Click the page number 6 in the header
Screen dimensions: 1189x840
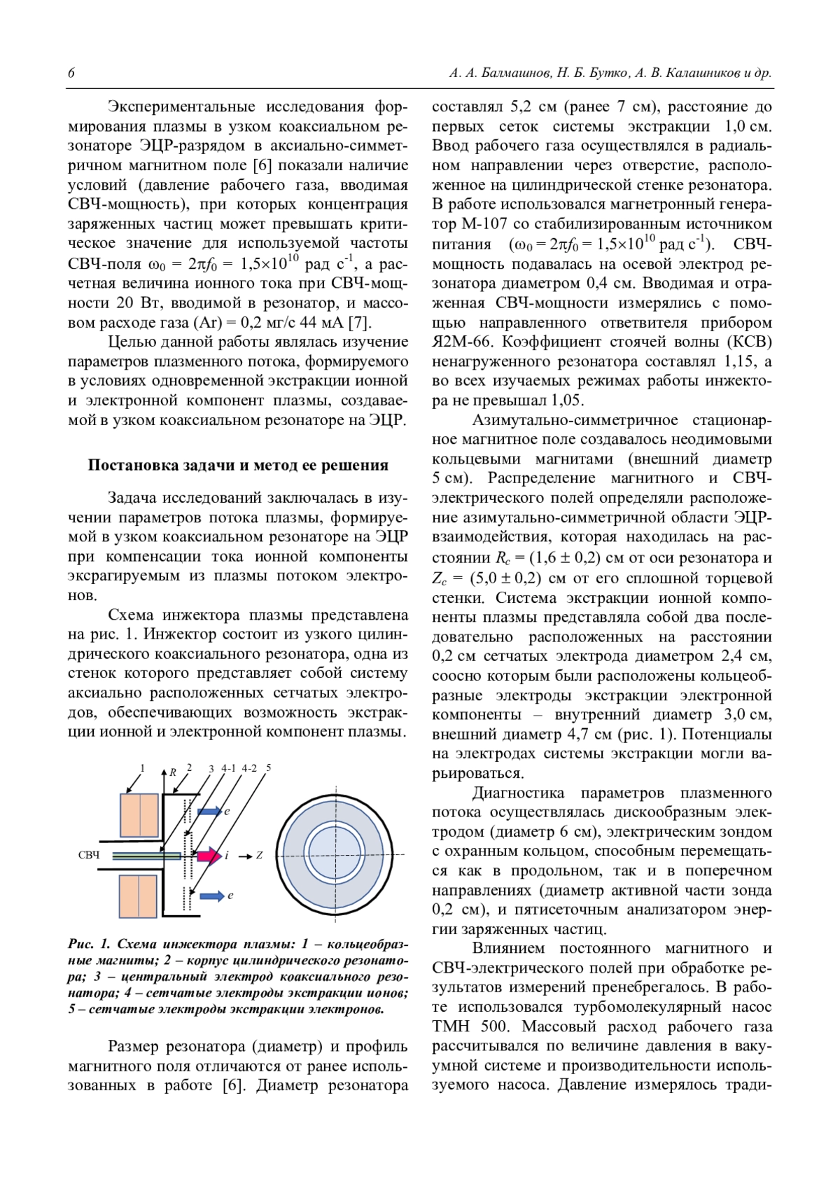coord(71,74)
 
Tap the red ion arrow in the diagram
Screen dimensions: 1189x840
coord(208,855)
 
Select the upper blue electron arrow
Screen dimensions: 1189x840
coord(210,811)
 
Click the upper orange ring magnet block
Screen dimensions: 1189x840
coord(140,814)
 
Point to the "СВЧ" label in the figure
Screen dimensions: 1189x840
coord(89,856)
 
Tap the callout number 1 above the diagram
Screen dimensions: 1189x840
coord(143,768)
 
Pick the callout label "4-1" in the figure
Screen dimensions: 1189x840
coord(229,768)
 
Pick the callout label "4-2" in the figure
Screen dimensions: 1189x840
coord(249,768)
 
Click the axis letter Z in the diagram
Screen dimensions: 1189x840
coord(259,855)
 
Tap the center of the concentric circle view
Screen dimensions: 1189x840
coord(335,855)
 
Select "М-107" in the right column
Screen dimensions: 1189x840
coord(484,225)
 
